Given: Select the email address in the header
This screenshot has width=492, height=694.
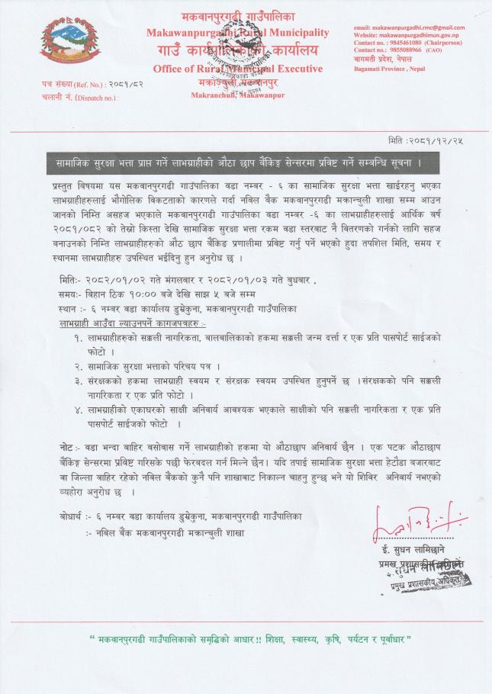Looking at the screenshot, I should (409, 27).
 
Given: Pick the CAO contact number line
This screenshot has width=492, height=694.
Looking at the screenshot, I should (402, 50).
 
